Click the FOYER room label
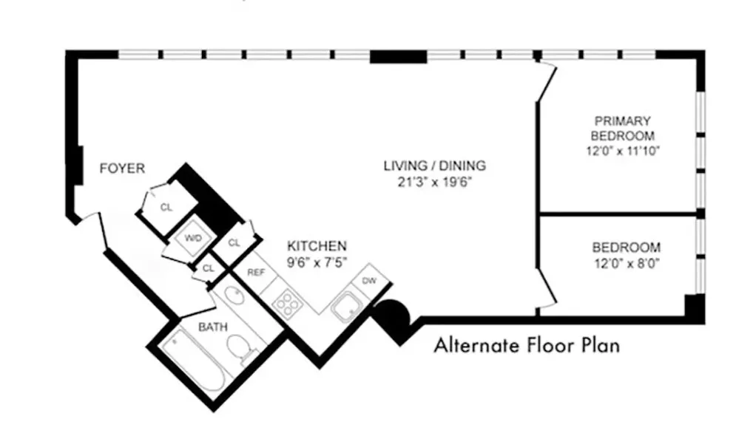click(x=122, y=168)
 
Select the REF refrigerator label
click(x=255, y=272)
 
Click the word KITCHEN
click(x=317, y=245)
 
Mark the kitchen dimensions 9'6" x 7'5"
click(x=317, y=260)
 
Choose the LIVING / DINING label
click(x=434, y=166)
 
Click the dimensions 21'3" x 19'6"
click(x=434, y=180)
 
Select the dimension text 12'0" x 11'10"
click(x=621, y=150)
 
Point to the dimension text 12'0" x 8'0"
click(x=626, y=262)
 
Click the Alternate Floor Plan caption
click(x=526, y=344)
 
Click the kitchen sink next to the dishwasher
click(x=345, y=307)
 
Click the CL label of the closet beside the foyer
click(x=166, y=207)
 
